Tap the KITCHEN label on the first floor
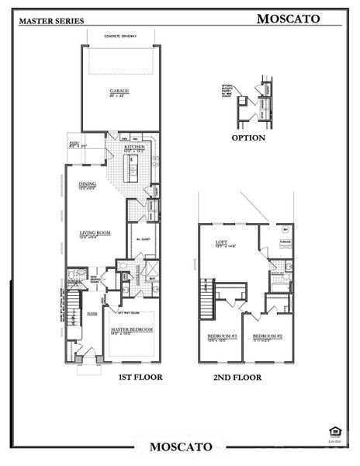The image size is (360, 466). click(x=135, y=145)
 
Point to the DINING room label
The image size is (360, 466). click(x=87, y=185)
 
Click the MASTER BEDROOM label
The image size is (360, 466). click(x=131, y=329)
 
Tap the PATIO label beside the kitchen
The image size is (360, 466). click(x=74, y=143)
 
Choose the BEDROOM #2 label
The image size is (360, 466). click(x=267, y=335)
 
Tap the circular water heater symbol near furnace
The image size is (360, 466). click(x=284, y=232)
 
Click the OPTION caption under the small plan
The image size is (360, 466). click(x=248, y=138)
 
